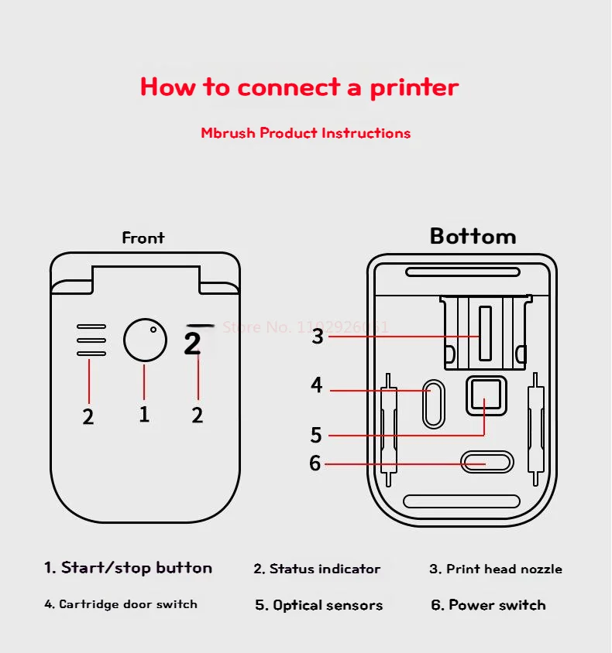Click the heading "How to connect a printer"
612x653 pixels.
click(299, 87)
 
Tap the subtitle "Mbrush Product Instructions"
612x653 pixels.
click(305, 133)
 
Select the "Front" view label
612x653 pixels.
click(143, 238)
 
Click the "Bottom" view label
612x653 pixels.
click(473, 236)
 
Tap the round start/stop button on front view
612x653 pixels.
click(145, 340)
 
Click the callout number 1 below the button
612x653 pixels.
click(144, 414)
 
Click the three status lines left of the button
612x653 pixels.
click(91, 340)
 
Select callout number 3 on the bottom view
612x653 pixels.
click(318, 337)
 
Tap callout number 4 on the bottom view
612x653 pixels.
click(317, 385)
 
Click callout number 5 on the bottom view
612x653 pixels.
click(316, 435)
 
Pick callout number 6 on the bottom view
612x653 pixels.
click(315, 463)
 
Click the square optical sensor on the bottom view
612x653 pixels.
click(486, 395)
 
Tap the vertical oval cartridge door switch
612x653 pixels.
click(434, 403)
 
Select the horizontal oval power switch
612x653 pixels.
click(487, 463)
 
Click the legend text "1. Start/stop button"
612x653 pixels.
click(128, 568)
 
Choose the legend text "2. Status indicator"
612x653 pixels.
click(317, 569)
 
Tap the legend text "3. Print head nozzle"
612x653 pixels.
click(496, 569)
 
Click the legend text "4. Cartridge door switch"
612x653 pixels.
click(121, 604)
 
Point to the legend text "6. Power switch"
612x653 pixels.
click(488, 605)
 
